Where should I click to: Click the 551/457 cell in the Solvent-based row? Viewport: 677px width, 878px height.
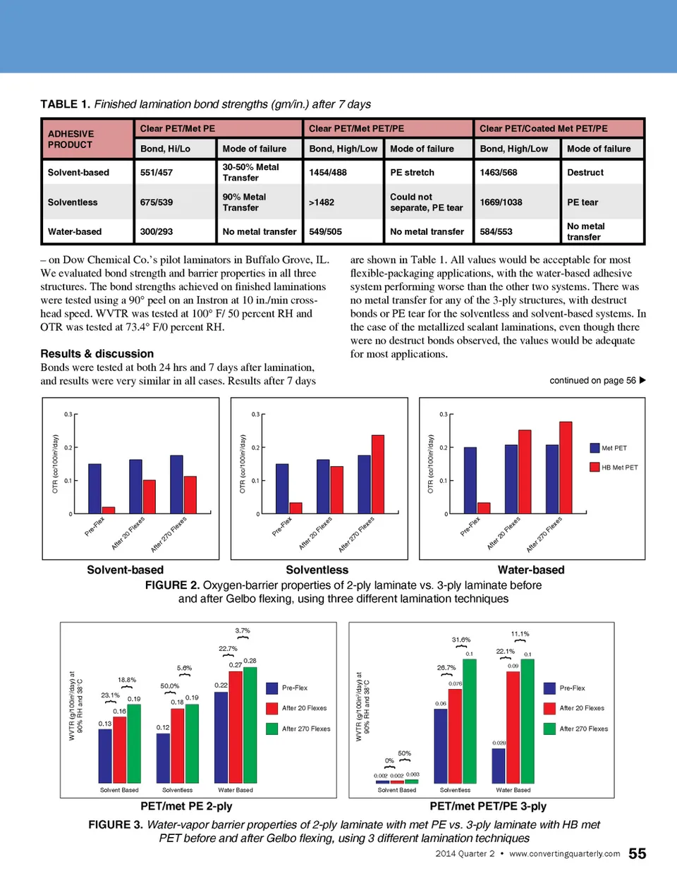coord(157,172)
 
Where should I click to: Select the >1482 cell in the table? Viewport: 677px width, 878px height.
coord(322,202)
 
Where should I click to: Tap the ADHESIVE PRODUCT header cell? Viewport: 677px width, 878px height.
coord(71,139)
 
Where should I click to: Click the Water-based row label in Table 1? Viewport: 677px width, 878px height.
coord(75,231)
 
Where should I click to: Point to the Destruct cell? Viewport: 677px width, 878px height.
coord(585,172)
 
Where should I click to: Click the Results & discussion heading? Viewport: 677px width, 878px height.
coord(97,354)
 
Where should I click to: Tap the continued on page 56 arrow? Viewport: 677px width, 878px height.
coord(642,380)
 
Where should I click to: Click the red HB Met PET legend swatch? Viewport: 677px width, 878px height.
coord(595,467)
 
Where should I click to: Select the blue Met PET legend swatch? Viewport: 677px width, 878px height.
coord(595,448)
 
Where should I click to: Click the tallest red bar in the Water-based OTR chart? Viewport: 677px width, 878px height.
coord(566,468)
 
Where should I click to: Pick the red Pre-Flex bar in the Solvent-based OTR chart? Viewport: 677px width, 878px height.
coord(109,510)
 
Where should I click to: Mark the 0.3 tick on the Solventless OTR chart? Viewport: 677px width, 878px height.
coord(255,415)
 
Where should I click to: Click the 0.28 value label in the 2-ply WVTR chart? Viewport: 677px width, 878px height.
coord(250,661)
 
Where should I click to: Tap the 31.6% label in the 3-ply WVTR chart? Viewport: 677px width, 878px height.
coord(461,640)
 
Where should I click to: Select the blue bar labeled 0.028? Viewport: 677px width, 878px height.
coord(499,765)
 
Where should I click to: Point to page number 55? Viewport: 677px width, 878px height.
coord(637,854)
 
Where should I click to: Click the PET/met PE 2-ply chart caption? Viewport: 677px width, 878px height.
coord(186,806)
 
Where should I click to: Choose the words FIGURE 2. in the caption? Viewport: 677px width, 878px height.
coord(172,585)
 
